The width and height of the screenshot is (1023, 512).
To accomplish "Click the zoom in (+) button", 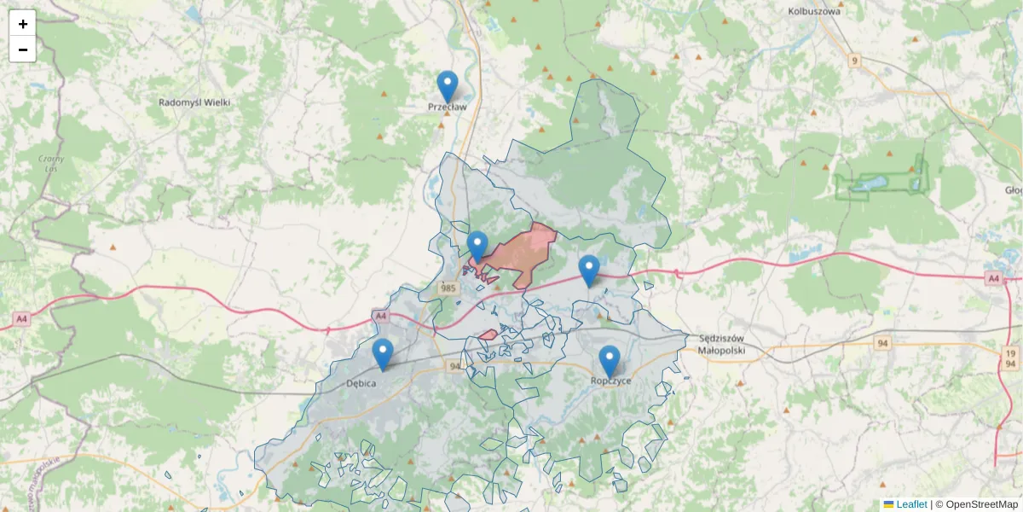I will click(x=23, y=24).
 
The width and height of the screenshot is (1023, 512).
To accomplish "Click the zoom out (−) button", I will click(x=23, y=49).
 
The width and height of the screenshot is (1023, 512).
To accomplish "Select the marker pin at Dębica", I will click(x=383, y=354).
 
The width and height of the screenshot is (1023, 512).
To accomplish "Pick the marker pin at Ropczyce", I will click(x=609, y=361).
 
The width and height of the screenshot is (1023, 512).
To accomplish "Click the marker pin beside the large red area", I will click(x=477, y=247).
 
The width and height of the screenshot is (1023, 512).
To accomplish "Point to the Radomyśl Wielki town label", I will click(x=194, y=102).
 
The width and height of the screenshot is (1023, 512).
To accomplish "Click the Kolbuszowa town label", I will click(x=814, y=12).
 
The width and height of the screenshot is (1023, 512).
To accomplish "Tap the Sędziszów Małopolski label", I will click(x=721, y=344).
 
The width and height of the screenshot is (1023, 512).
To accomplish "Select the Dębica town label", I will click(x=361, y=383).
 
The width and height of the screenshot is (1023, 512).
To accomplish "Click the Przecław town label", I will click(x=448, y=108).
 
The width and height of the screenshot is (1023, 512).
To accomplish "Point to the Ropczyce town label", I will click(x=611, y=381).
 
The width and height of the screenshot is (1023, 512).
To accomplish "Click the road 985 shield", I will click(x=449, y=289).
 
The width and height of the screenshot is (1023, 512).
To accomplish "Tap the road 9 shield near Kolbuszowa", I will click(x=854, y=61).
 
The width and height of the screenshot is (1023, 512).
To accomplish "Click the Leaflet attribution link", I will click(x=910, y=504).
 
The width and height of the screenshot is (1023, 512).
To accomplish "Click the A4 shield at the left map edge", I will click(x=21, y=319).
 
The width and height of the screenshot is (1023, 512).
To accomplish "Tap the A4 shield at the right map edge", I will click(x=992, y=278).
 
